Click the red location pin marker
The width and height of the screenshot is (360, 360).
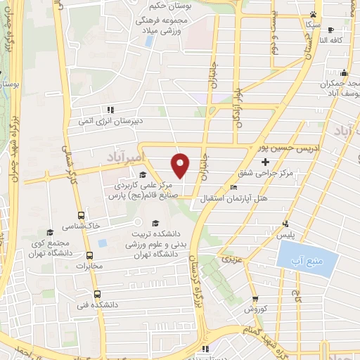tap(181, 165)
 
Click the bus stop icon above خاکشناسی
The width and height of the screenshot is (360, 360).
tap(82, 215)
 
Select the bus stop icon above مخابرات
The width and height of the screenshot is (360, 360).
tap(89, 255)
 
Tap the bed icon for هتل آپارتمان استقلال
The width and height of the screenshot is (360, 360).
tap(234, 188)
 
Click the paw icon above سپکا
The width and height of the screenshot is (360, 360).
tap(312, 14)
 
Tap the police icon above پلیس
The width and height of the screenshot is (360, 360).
tap(285, 224)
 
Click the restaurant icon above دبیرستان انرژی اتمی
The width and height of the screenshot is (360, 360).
tap(110, 110)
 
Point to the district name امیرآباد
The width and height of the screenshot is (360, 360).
tap(124, 153)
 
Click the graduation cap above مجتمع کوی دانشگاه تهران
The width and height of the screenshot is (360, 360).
tap(49, 231)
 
